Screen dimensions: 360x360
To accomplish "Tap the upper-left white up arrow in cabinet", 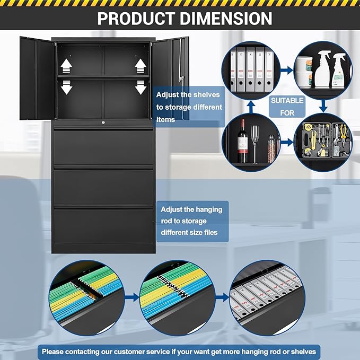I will pyautogui.click(x=66, y=65).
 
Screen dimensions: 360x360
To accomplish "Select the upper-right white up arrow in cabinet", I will pyautogui.click(x=140, y=65).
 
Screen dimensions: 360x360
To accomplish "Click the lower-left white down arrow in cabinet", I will pyautogui.click(x=66, y=87).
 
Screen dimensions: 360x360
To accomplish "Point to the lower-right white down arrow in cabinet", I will pyautogui.click(x=140, y=87).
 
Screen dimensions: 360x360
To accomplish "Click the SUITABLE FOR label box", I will pyautogui.click(x=287, y=106).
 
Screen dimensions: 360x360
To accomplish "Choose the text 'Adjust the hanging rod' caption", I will pyautogui.click(x=191, y=221).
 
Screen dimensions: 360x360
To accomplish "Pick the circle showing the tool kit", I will pyautogui.click(x=322, y=141).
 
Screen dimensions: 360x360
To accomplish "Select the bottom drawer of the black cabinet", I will pyautogui.click(x=104, y=226).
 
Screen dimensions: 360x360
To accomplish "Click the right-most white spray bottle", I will pyautogui.click(x=338, y=72).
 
